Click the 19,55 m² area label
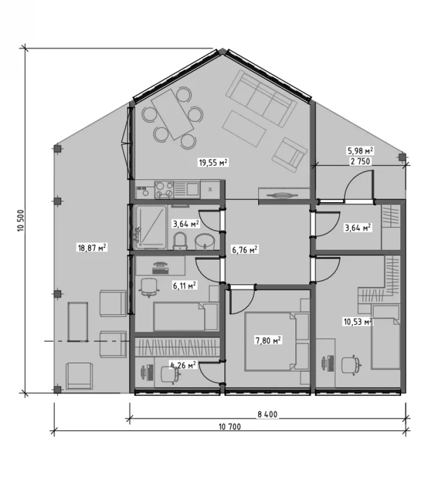click(x=213, y=162)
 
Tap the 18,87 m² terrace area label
click(x=92, y=247)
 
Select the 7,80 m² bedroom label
click(x=269, y=340)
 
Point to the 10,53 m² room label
click(x=358, y=321)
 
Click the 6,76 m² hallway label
click(x=244, y=250)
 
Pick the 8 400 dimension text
click(x=267, y=414)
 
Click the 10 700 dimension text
click(x=230, y=426)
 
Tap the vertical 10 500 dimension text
click(x=21, y=220)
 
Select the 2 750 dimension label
click(x=360, y=161)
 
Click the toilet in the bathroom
click(x=180, y=241)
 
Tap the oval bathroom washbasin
click(x=205, y=242)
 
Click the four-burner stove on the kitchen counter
click(x=164, y=190)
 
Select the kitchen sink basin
click(x=193, y=189)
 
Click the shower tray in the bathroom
click(x=152, y=227)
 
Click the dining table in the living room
click(x=173, y=114)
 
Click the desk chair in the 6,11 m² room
click(x=149, y=287)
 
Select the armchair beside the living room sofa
click(x=289, y=155)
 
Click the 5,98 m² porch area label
click(x=360, y=150)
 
